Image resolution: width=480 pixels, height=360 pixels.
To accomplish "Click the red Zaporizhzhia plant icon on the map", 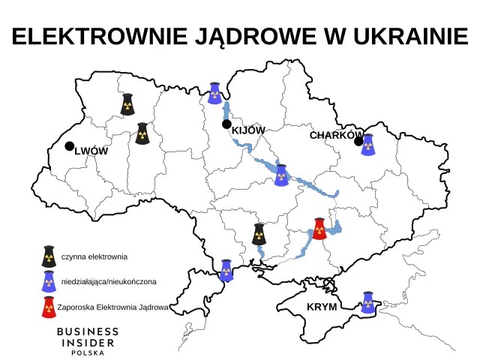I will coord(319,228).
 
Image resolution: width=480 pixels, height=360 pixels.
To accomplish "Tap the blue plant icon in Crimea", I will coord(367,302).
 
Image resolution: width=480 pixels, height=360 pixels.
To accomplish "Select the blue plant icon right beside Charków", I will coord(367,145).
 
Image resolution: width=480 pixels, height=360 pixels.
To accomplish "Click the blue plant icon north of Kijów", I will coord(215,92).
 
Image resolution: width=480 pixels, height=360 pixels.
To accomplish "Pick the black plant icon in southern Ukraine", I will coord(259,234).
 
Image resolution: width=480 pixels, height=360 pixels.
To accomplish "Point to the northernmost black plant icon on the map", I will coord(127,105).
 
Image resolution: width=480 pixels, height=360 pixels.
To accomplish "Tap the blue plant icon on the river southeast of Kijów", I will coord(281,175).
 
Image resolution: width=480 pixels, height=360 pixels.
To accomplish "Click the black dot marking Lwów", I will coord(69,146).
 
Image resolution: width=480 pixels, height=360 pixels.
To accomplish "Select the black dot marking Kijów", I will coord(226,124).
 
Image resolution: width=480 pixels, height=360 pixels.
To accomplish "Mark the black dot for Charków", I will coord(358,141).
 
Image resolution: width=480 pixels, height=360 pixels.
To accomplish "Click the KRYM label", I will coord(322,307).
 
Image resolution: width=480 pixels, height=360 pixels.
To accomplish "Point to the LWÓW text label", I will coord(91,151).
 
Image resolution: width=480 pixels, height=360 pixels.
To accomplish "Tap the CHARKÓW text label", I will coord(335,135).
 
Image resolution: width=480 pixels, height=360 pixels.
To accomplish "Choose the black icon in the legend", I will coord(49,256).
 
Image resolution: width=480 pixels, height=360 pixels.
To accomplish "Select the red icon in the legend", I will coord(49,307).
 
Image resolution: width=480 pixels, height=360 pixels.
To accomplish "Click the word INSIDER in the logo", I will coord(88,343).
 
